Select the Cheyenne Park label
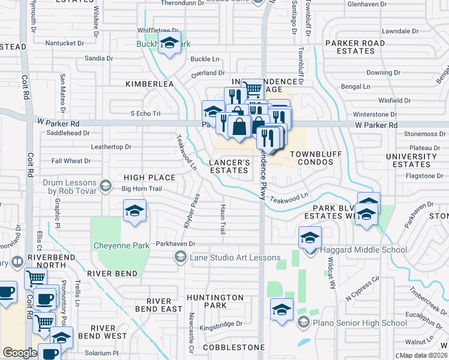[x=120, y=245]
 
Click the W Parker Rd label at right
[x=376, y=125]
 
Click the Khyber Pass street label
[x=191, y=210]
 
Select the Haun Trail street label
[x=222, y=218]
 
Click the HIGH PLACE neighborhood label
[x=149, y=178]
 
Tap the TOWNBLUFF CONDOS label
[x=316, y=158]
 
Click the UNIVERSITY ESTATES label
[x=412, y=160]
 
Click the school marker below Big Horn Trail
[x=135, y=211]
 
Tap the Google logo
[x=20, y=353]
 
